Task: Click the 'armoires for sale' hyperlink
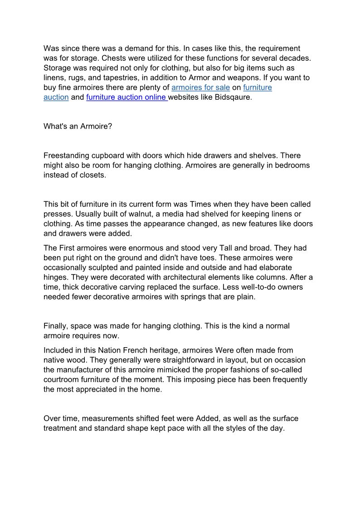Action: point(200,87)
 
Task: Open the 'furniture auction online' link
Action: point(126,97)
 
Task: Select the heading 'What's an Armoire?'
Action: point(78,126)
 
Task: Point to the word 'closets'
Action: point(92,175)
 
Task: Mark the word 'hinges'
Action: point(56,277)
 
